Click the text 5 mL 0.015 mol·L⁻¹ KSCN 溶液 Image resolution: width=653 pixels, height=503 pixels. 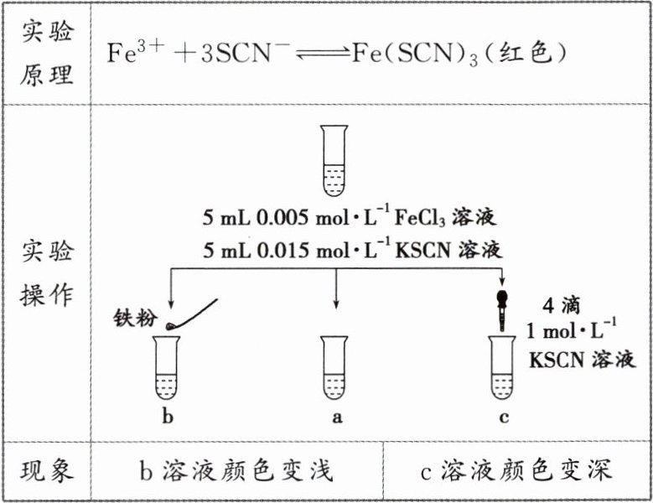pos(350,250)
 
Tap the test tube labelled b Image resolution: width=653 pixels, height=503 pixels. pos(168,369)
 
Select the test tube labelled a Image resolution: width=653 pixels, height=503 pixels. pos(335,369)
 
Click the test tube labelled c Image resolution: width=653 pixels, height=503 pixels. pos(503,369)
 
